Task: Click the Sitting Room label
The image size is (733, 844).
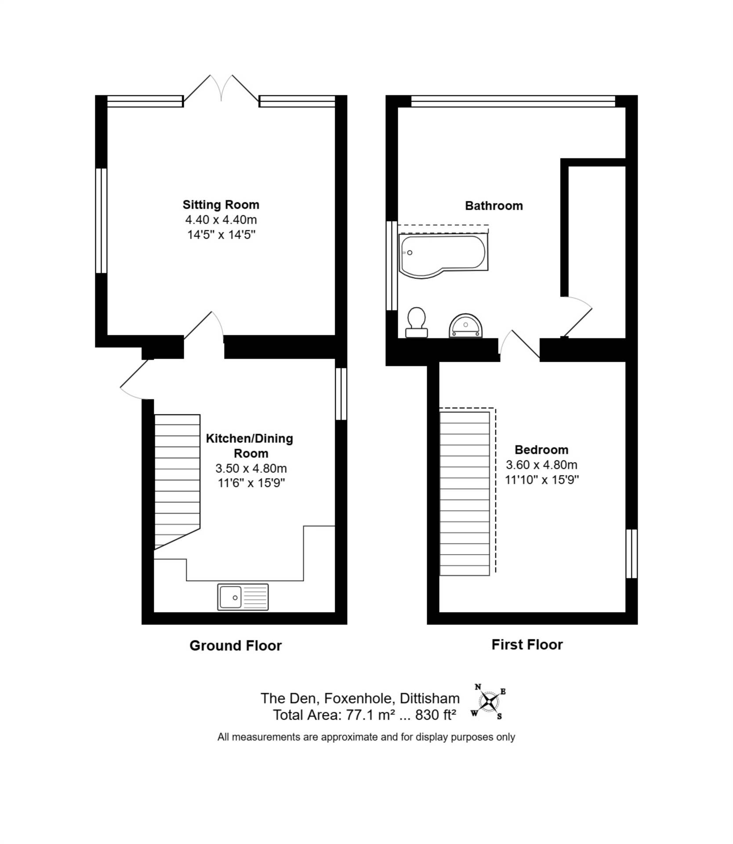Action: pyautogui.click(x=221, y=204)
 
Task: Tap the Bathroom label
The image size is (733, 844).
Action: pyautogui.click(x=494, y=206)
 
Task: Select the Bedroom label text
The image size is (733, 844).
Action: pyautogui.click(x=541, y=450)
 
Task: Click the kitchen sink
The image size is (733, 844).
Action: pyautogui.click(x=243, y=597)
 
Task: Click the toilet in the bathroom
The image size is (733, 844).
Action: pyautogui.click(x=416, y=322)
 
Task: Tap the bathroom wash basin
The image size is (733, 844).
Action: pyautogui.click(x=465, y=326)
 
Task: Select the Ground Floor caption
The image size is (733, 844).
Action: pyautogui.click(x=236, y=645)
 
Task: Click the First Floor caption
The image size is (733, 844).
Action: pyautogui.click(x=527, y=644)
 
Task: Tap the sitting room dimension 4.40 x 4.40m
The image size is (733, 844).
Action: pyautogui.click(x=221, y=219)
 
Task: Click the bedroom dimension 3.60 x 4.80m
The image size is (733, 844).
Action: pyautogui.click(x=541, y=465)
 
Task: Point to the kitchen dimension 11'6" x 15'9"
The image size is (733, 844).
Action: pyautogui.click(x=251, y=483)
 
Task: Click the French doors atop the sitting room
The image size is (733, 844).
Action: pyautogui.click(x=221, y=90)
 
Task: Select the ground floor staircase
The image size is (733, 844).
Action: pyautogui.click(x=177, y=482)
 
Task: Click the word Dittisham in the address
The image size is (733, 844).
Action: pyautogui.click(x=430, y=698)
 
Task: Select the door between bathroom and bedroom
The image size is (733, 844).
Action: pyautogui.click(x=520, y=345)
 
